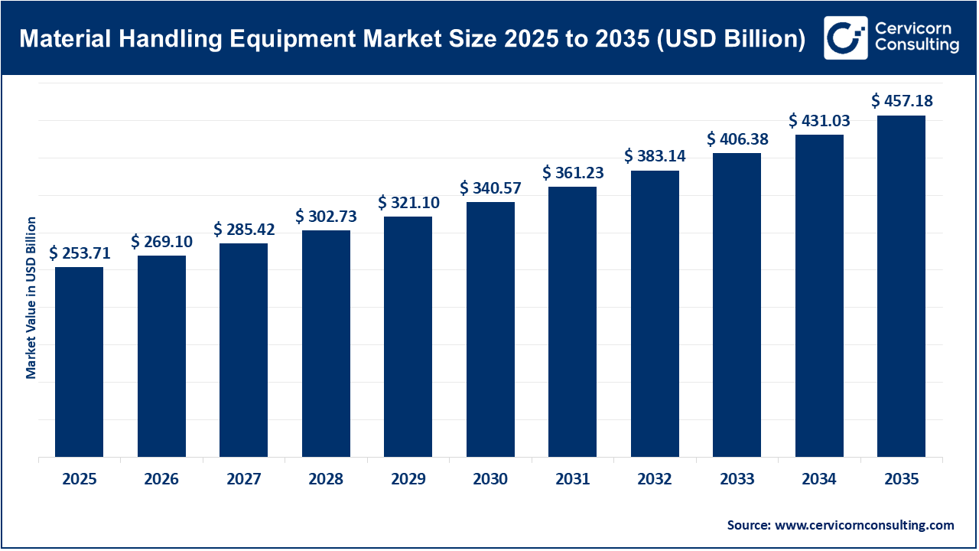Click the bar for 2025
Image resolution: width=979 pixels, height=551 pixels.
(80, 362)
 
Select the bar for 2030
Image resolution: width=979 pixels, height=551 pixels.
(490, 329)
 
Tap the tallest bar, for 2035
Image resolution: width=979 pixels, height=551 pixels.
(901, 286)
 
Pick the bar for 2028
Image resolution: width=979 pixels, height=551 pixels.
(326, 344)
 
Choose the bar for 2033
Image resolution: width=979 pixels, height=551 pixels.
(737, 305)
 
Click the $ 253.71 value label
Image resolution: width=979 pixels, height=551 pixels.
(80, 253)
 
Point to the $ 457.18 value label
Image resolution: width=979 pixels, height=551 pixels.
(902, 101)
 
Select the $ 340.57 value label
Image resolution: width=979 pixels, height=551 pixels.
(490, 188)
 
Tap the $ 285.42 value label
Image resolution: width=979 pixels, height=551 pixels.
(244, 229)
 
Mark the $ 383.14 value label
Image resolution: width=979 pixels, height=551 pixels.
(655, 156)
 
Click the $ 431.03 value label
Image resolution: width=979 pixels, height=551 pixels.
(819, 121)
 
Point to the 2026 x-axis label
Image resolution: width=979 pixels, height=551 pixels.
(161, 480)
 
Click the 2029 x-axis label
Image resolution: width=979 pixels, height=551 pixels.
(408, 480)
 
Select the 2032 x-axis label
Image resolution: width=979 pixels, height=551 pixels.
(655, 480)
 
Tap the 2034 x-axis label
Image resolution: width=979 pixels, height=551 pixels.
(819, 480)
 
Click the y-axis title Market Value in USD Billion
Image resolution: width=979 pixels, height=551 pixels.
(31, 298)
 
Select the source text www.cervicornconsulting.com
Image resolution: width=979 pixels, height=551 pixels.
(864, 525)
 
